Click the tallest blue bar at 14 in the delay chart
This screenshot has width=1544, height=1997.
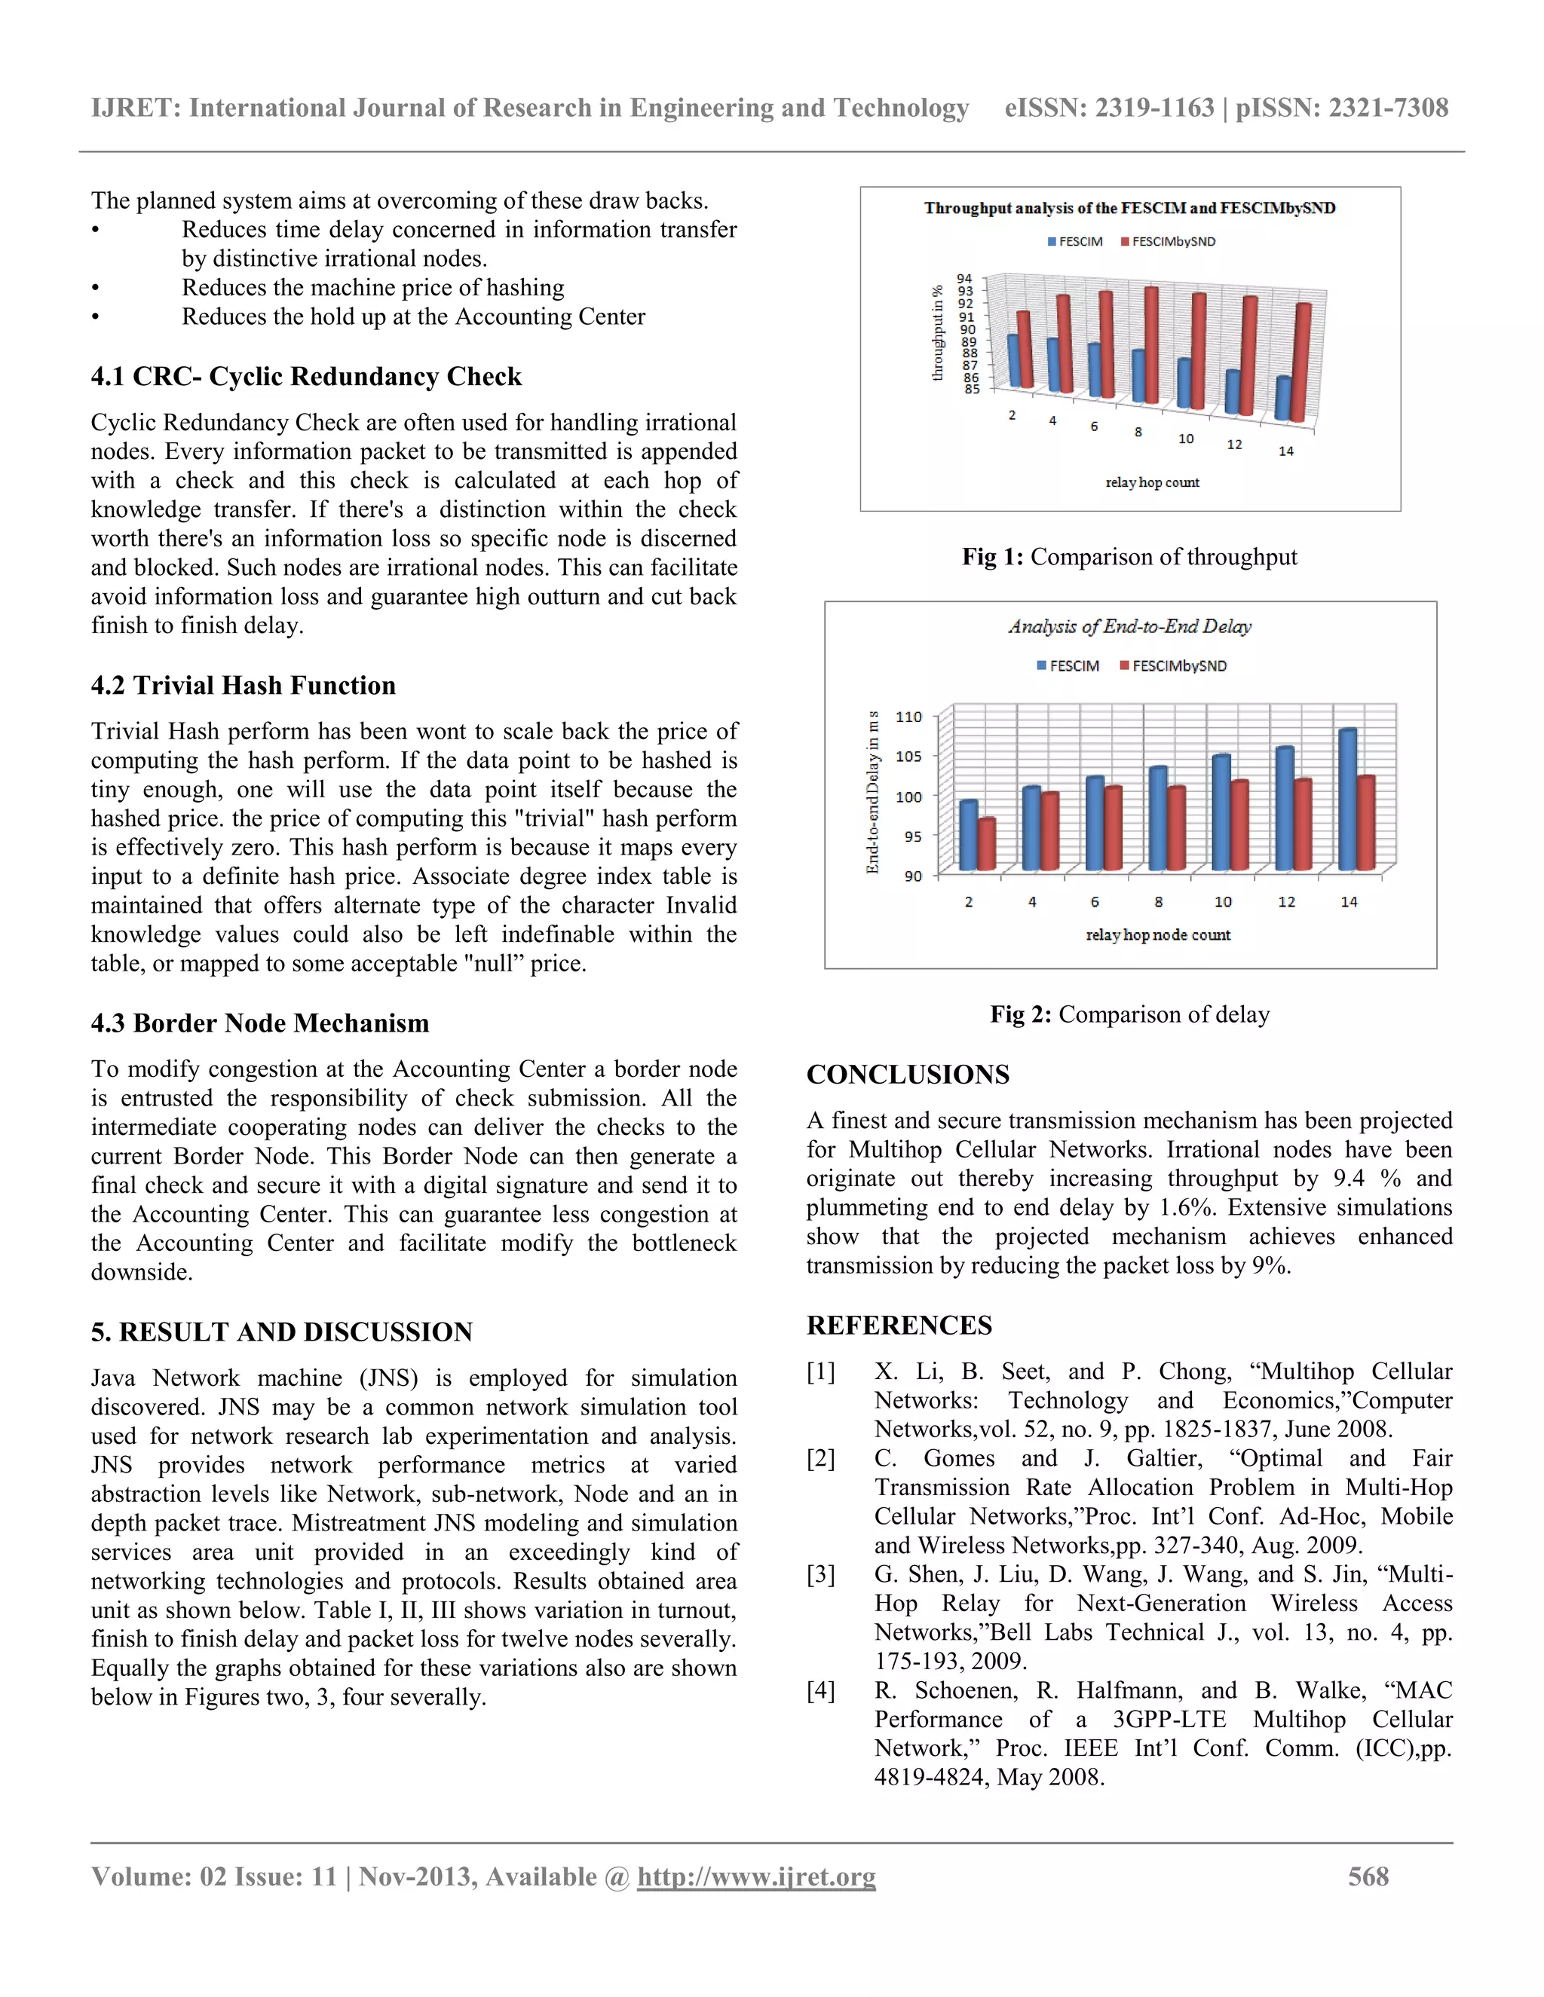pos(1346,800)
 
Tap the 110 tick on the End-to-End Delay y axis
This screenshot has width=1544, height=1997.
pos(908,717)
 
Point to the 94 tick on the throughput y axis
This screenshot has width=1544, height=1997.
pos(965,279)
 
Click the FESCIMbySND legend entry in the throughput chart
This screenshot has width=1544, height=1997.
pos(1167,241)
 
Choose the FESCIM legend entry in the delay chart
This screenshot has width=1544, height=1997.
pos(1068,665)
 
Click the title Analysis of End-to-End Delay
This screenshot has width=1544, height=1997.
pos(1129,626)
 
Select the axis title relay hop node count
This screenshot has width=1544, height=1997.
pos(1158,934)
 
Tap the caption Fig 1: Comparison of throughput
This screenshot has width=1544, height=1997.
pos(1129,557)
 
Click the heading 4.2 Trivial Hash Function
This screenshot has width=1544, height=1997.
pos(244,686)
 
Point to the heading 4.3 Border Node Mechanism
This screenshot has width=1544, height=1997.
pos(260,1023)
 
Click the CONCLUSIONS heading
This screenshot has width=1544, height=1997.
pos(908,1075)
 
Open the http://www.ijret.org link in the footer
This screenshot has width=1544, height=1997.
pos(756,1876)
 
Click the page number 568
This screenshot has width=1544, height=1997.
pos(1368,1876)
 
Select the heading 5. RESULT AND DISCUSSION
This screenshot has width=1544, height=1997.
pos(282,1332)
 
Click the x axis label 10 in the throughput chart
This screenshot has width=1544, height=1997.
pos(1185,439)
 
